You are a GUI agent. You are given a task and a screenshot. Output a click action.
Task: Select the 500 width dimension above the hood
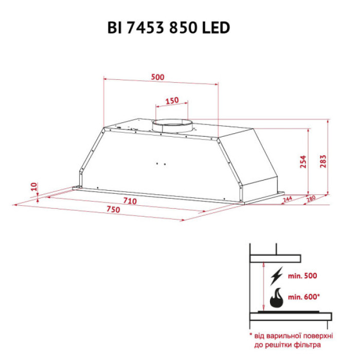[158, 77]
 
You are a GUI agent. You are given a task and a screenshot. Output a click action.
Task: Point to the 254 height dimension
[303, 161]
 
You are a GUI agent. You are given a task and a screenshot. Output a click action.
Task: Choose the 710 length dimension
[130, 201]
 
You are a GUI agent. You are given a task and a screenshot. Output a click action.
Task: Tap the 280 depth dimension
[311, 199]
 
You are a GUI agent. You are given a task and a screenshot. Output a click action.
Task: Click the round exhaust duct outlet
[172, 124]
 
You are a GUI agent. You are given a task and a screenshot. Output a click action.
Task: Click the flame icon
[278, 297]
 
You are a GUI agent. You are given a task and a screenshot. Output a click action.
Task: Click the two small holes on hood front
[160, 164]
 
